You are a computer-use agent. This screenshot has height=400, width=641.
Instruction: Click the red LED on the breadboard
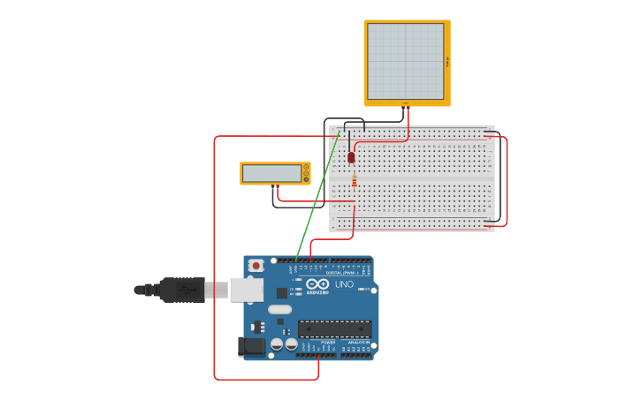pyautogui.click(x=351, y=157)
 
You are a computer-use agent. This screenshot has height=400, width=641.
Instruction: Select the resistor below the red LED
pyautogui.click(x=355, y=182)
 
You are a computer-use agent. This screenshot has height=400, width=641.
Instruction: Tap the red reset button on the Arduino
pyautogui.click(x=256, y=265)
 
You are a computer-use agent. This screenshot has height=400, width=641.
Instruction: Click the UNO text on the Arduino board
pyautogui.click(x=344, y=283)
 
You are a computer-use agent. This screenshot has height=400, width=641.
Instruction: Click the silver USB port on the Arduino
pyautogui.click(x=246, y=290)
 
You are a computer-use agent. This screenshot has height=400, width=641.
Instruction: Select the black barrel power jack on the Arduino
pyautogui.click(x=251, y=347)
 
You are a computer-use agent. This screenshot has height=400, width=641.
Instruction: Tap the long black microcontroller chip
pyautogui.click(x=334, y=329)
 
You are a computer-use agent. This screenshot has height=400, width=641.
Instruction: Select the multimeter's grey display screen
pyautogui.click(x=271, y=173)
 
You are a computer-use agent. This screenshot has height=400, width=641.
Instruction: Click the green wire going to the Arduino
pyautogui.click(x=317, y=199)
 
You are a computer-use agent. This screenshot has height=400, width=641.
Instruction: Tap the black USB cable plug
pyautogui.click(x=181, y=290)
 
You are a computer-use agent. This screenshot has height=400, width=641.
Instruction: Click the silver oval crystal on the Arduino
pyautogui.click(x=279, y=310)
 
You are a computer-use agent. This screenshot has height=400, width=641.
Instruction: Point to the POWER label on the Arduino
pyautogui.click(x=316, y=343)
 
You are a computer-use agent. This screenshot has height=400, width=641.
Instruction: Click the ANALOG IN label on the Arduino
pyautogui.click(x=357, y=343)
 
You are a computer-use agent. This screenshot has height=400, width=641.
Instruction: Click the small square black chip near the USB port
pyautogui.click(x=281, y=292)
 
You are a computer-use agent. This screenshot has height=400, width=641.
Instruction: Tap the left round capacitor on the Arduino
pyautogui.click(x=277, y=344)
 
